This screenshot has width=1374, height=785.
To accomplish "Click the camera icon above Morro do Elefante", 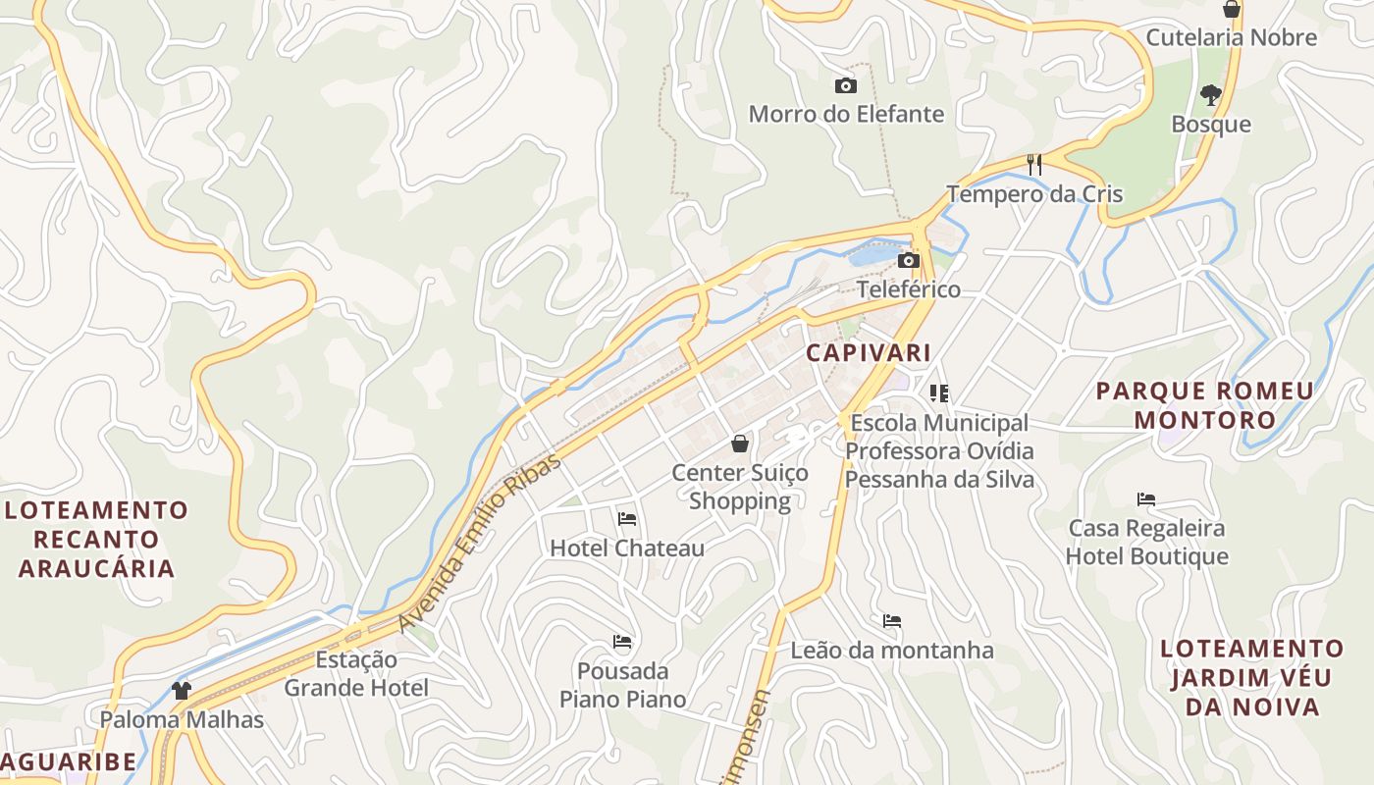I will coord(845,86).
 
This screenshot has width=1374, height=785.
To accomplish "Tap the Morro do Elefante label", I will coord(846,114).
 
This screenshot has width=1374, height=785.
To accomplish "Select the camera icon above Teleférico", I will coord(909,260).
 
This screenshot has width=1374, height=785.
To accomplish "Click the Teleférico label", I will coord(909,289).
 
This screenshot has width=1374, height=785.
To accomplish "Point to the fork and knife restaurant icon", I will coord(1033,163).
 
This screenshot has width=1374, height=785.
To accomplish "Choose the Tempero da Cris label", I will coord(1034,193).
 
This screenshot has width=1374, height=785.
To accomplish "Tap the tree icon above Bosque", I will coord(1210,95).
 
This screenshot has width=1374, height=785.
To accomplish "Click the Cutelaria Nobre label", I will coord(1231,38).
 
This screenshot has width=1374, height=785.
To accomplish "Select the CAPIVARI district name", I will coord(869,353).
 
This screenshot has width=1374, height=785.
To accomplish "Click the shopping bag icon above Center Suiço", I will coord(740,444).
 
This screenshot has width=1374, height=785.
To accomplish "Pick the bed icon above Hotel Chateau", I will coord(627,518).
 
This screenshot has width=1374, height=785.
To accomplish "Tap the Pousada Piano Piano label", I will coord(622,685).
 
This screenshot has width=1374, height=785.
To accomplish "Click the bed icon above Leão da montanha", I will coord(892,621).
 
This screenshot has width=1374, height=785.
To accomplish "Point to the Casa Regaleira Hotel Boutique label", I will coord(1146,542).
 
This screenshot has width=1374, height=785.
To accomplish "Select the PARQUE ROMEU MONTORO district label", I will coord(1205,405).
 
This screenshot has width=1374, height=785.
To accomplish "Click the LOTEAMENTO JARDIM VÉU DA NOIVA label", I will coord(1251,677).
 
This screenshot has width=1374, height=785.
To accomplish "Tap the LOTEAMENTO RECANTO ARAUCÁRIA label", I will coord(96,539).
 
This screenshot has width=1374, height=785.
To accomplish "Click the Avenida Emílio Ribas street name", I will coord(481,542).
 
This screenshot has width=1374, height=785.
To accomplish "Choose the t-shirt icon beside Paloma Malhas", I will coord(181,691).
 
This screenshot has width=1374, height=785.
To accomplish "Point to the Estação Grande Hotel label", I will coord(356,673).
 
